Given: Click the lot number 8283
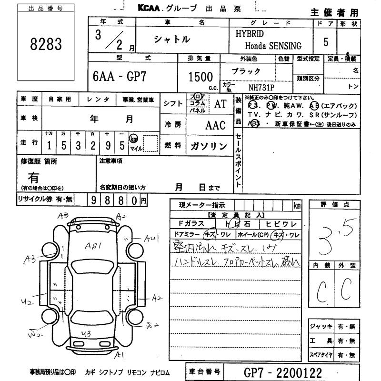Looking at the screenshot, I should (47, 45).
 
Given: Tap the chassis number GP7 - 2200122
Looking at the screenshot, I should (284, 372).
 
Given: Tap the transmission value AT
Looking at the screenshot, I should (220, 104).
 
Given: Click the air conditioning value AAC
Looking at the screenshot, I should (215, 125).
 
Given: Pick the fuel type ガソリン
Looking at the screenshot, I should (209, 146).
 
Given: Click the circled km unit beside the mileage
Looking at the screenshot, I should (134, 139).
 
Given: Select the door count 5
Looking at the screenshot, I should (325, 42).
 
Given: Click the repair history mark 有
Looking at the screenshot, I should (33, 178).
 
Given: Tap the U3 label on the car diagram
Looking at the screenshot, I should (86, 333).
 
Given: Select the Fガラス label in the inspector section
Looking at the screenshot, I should (191, 223).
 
